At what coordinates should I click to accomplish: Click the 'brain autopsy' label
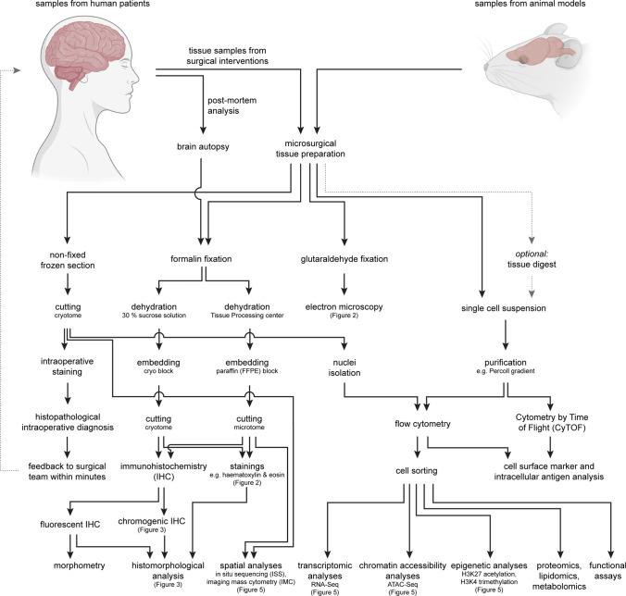pyautogui.click(x=201, y=145)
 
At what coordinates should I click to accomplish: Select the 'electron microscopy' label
pyautogui.click(x=344, y=305)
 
